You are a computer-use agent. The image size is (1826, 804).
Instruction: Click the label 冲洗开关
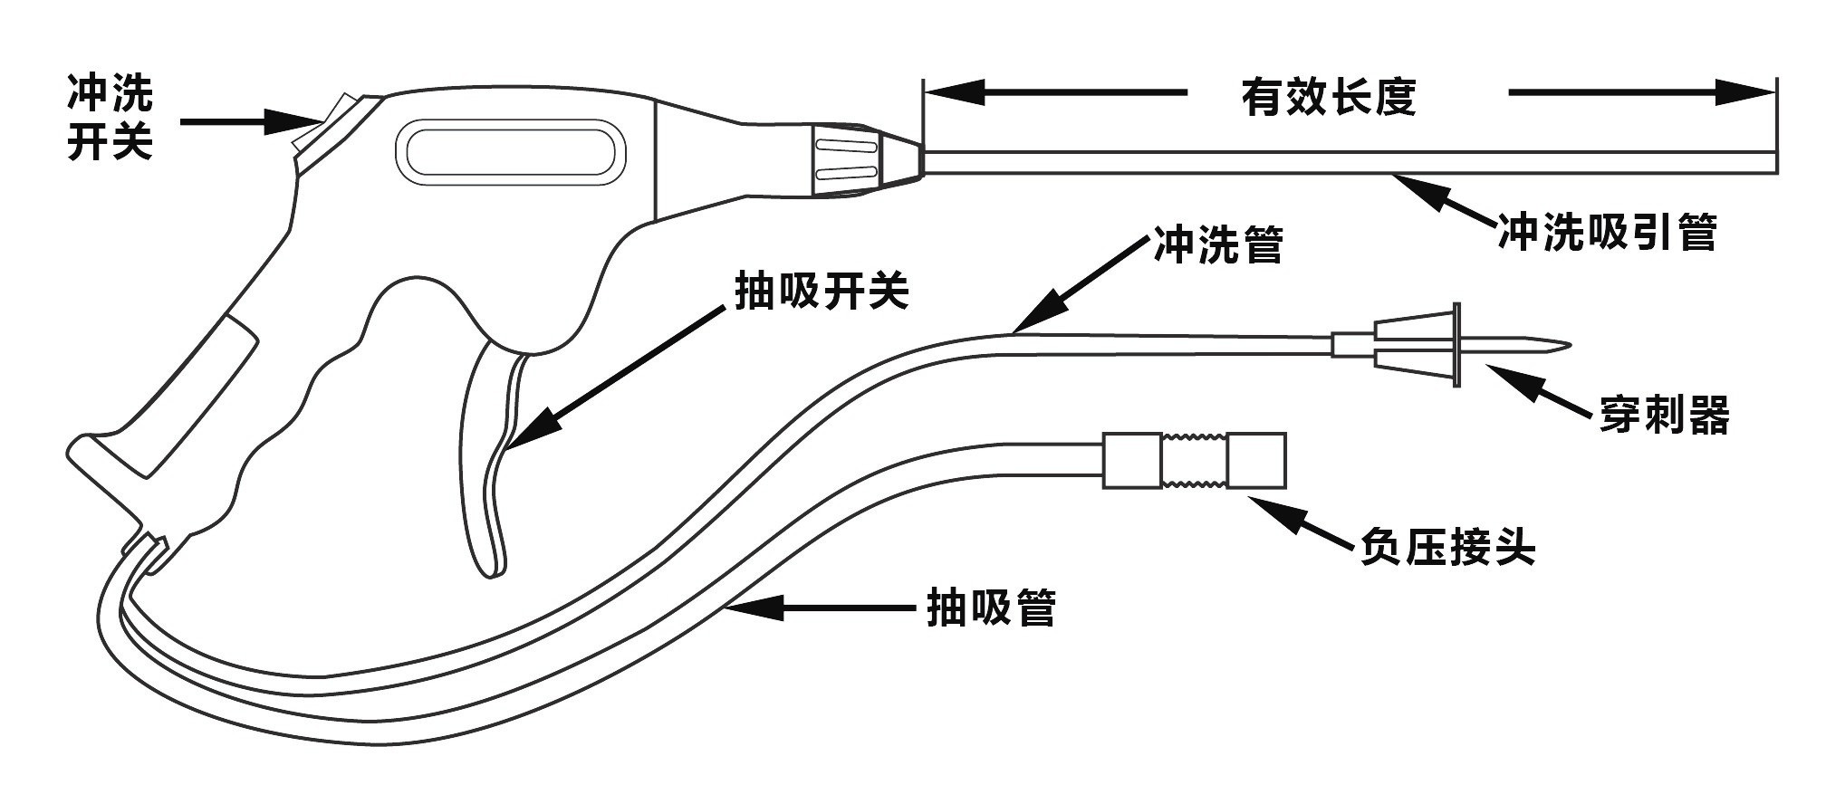[x=110, y=118]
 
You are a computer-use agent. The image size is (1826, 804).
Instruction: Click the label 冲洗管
[x=1218, y=244]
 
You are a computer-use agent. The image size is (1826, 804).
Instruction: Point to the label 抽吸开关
[x=821, y=292]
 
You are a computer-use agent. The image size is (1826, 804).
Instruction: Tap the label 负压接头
[x=1447, y=546]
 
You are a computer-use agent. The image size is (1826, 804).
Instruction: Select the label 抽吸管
[x=991, y=608]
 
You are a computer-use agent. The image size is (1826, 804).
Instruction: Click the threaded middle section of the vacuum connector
[x=1192, y=461]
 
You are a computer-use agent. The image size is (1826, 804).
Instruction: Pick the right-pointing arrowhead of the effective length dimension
[x=1744, y=92]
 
